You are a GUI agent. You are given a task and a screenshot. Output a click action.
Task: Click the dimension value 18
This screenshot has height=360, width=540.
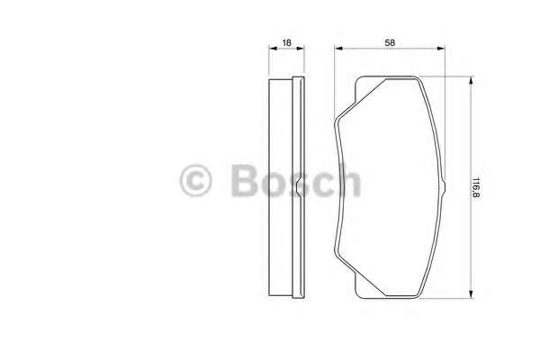[286, 42]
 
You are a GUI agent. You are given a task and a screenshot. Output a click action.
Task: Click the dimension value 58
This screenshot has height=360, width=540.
[390, 42]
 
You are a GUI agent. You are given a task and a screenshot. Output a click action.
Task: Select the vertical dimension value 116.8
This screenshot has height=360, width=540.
[476, 187]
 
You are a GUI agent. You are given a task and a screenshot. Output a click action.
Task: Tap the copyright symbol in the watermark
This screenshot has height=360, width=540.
[195, 181]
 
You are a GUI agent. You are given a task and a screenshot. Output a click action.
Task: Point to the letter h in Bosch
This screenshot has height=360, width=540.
[348, 179]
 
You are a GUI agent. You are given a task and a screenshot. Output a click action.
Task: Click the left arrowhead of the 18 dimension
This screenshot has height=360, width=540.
[273, 49]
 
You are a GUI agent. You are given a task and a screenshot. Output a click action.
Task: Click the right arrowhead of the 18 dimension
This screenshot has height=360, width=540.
[301, 49]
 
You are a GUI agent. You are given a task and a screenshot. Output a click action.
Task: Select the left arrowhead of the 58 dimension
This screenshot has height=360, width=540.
[338, 49]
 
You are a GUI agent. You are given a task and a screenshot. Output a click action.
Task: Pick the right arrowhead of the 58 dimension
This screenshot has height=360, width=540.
[441, 49]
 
